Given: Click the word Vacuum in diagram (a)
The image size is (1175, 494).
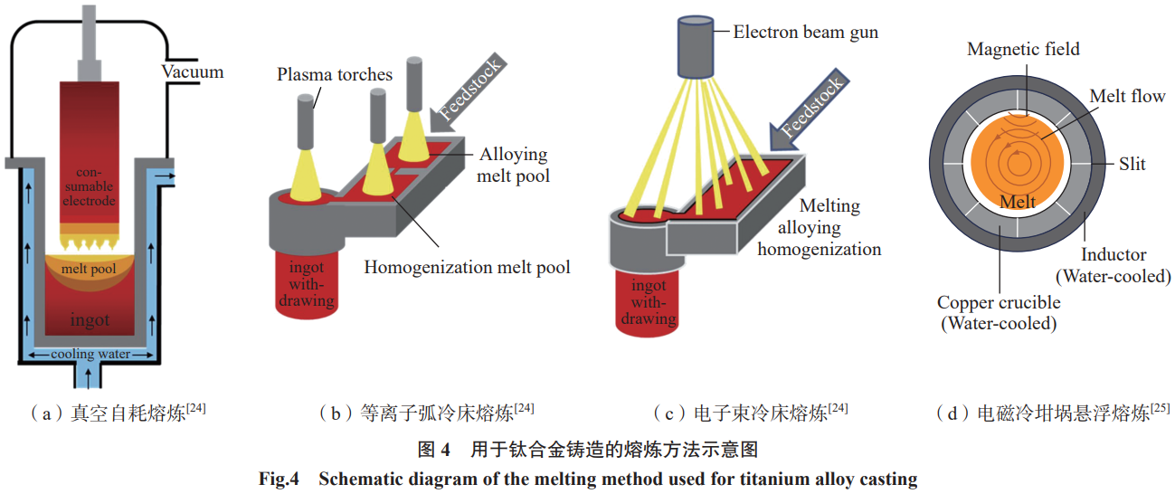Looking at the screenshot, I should [x=193, y=72].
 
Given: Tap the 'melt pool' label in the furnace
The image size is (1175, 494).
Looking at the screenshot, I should [x=90, y=269].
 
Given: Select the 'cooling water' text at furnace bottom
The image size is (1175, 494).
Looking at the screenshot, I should [x=89, y=354].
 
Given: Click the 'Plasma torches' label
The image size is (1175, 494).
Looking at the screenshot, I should [x=335, y=74].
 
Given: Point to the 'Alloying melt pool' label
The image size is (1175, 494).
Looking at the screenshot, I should [x=514, y=165].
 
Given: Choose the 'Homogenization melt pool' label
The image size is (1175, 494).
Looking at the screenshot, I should [x=467, y=268].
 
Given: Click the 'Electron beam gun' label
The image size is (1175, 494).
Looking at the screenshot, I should [x=806, y=33].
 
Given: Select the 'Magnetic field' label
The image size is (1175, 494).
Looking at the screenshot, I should [x=1023, y=49].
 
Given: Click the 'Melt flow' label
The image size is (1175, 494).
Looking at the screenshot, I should [x=1127, y=96].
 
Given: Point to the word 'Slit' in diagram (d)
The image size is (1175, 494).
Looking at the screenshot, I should [x=1132, y=164].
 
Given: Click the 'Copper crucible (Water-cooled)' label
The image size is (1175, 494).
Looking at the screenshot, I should [x=997, y=312].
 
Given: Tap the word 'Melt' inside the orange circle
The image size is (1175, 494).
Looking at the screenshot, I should [x=1018, y=202].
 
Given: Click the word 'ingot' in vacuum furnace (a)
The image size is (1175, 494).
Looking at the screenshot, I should [x=90, y=320].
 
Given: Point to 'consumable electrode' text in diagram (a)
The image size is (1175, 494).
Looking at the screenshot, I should [x=89, y=185].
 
